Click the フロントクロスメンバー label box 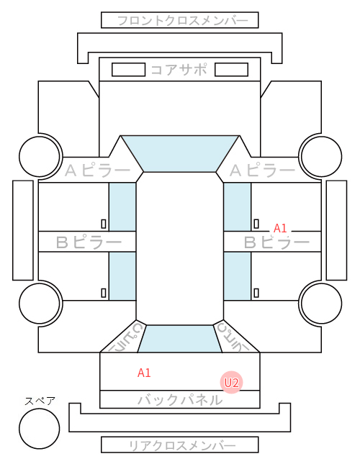point(180,20)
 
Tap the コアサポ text point(179,70)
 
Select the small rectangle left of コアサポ point(128,70)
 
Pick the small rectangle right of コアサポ point(231,70)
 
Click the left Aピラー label point(97,170)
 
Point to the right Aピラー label point(262,170)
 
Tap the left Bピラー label point(89,242)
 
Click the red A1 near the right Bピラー point(280,228)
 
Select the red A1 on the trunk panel point(144,373)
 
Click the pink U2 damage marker point(231,383)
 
